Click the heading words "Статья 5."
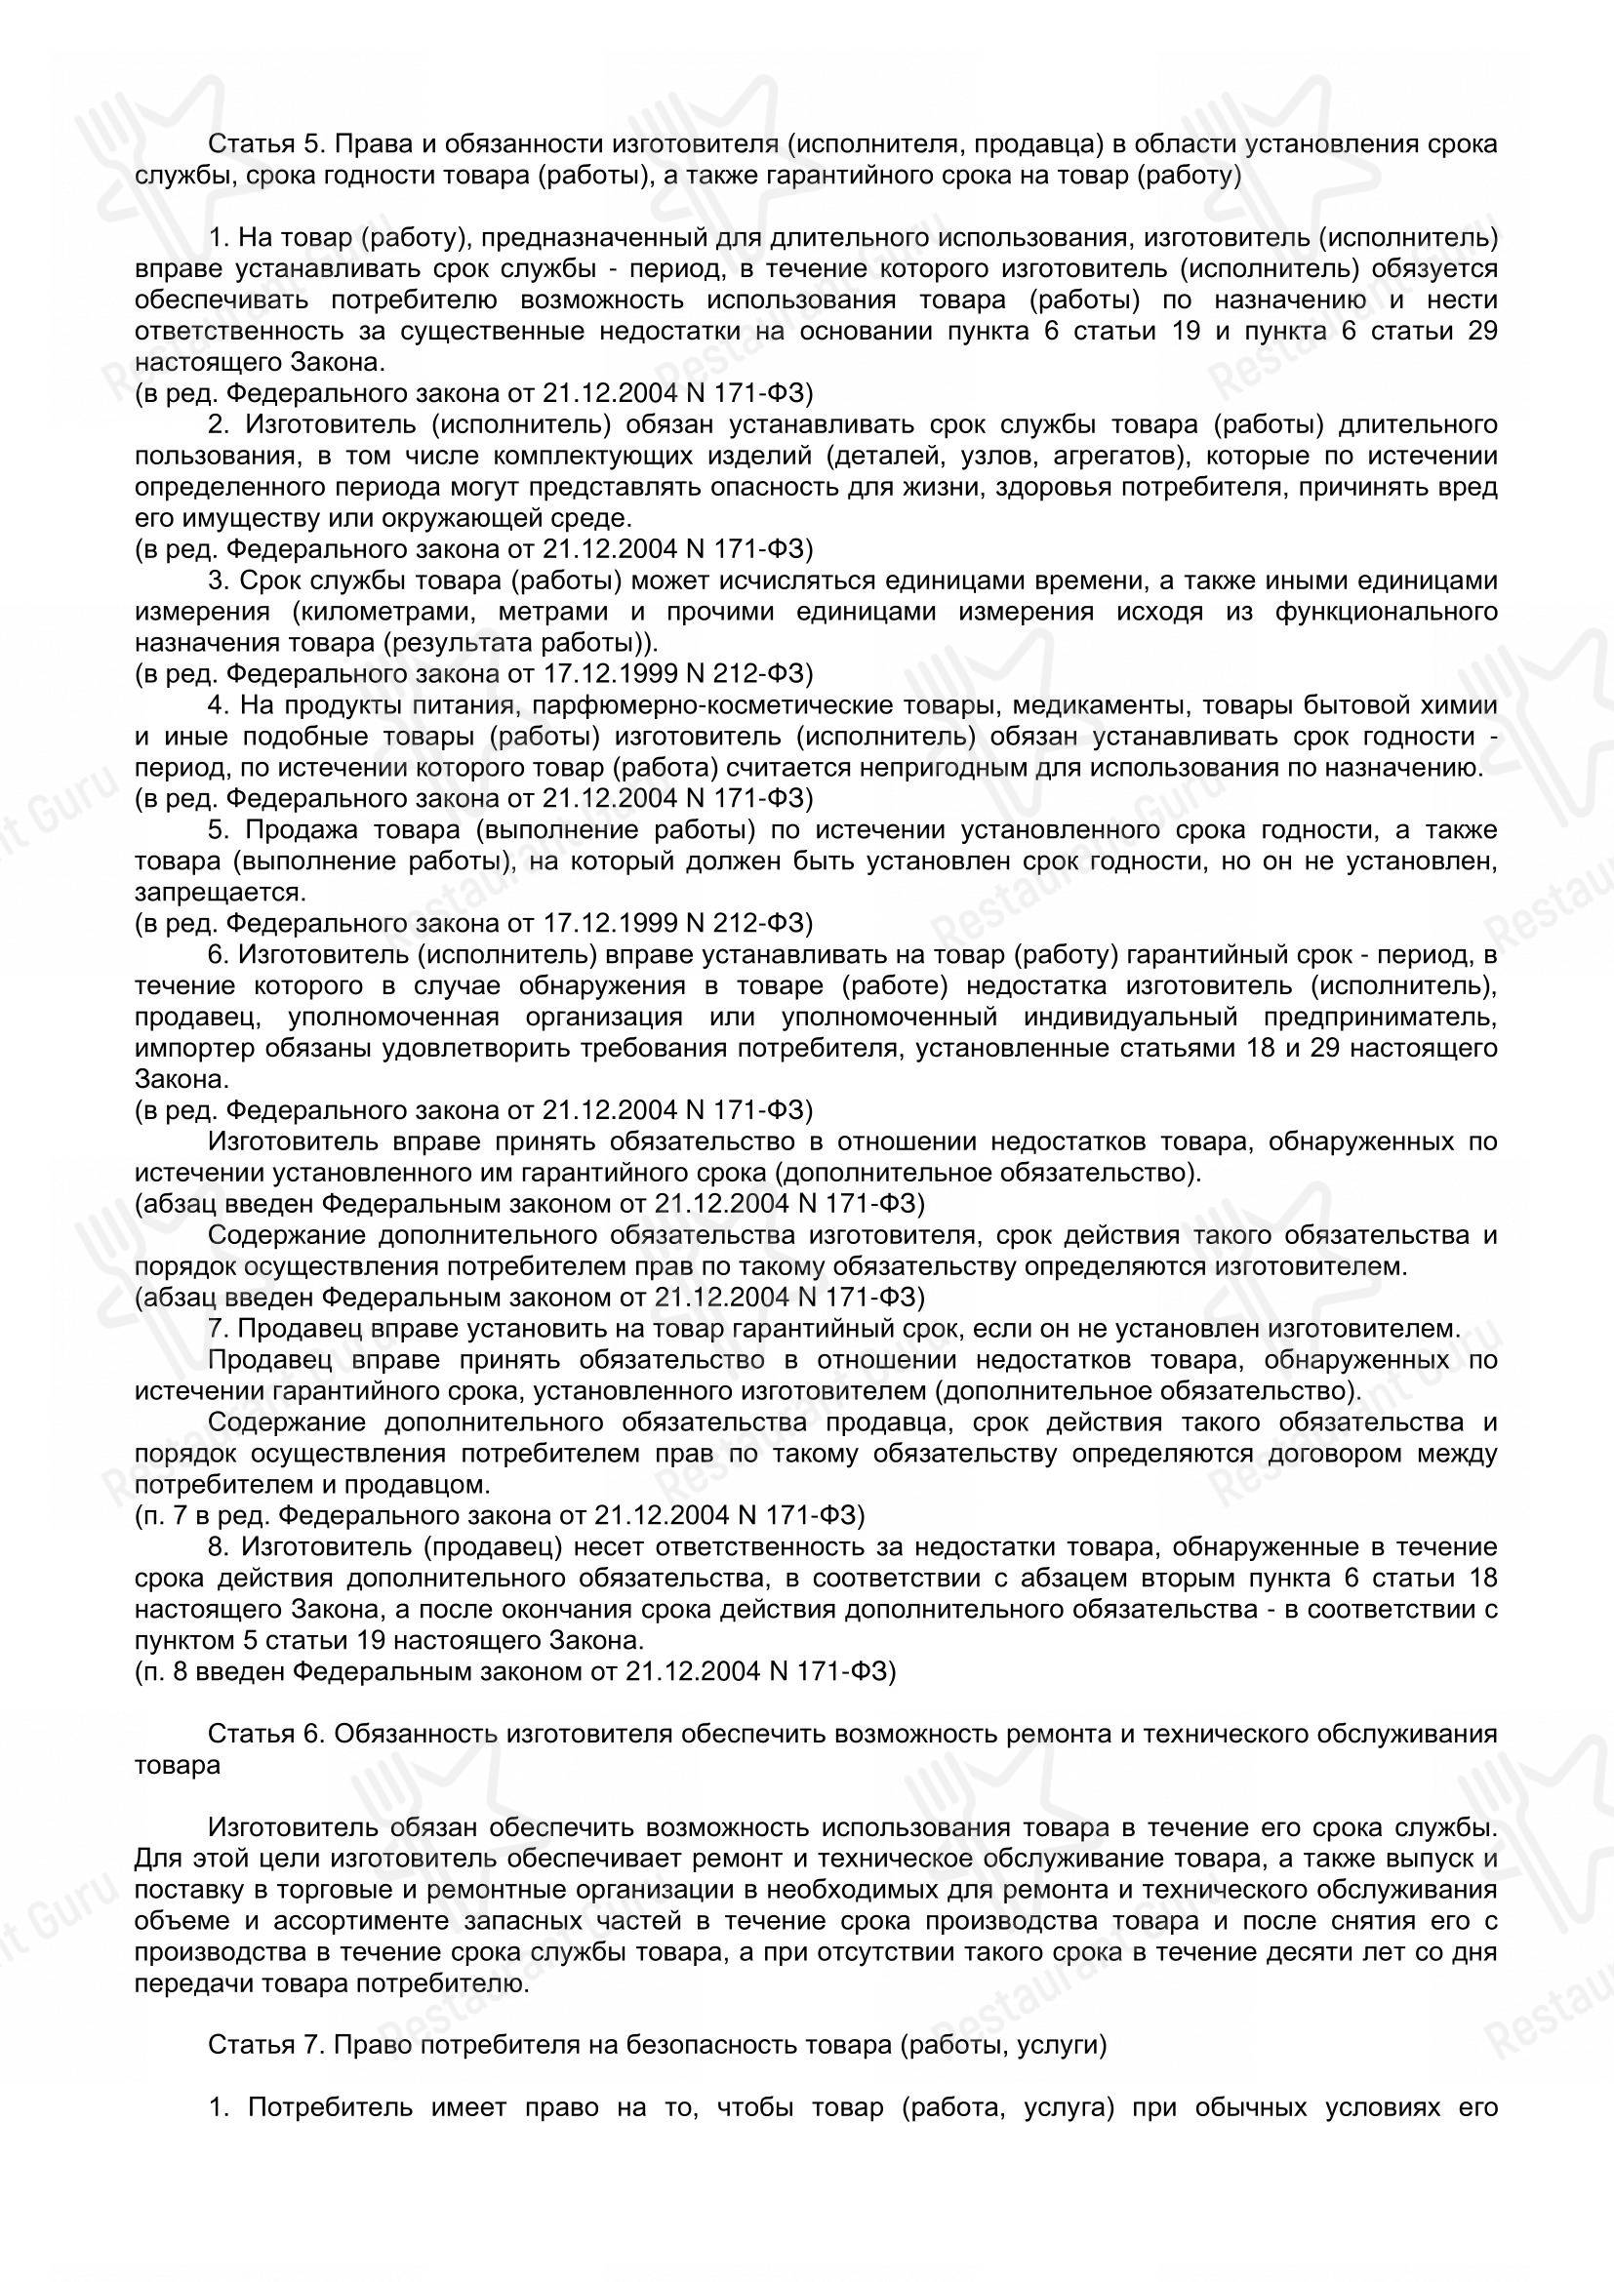(x=265, y=145)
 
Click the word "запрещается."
(x=219, y=892)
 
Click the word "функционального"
(x=1386, y=612)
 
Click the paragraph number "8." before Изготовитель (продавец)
(x=220, y=1547)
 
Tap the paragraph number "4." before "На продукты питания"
(x=220, y=704)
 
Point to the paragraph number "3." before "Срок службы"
(x=220, y=581)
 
